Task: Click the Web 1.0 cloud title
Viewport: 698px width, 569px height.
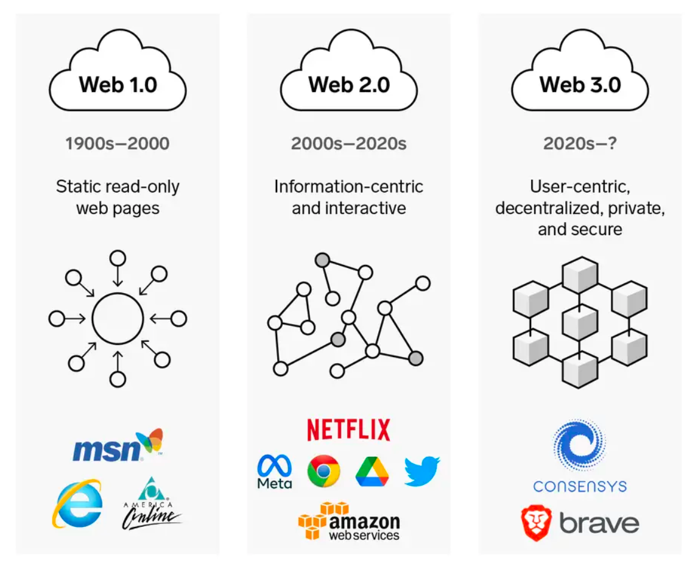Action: pos(118,84)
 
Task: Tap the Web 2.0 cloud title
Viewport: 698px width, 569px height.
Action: pos(349,84)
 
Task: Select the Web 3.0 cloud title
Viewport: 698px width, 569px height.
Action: pos(580,84)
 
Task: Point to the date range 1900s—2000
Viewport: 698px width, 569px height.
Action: pos(118,144)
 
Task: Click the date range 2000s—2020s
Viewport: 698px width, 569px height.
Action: pos(348,144)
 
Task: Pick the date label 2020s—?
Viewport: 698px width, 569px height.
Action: pos(580,144)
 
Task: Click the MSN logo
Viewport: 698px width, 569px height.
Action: pos(118,447)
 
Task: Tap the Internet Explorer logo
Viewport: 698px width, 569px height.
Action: pos(77,503)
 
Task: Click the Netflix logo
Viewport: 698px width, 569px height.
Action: pos(348,429)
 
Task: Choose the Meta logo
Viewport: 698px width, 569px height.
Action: pos(275,472)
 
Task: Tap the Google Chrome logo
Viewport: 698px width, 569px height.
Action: pos(323,471)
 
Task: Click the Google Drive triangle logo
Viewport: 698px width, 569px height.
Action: pos(372,472)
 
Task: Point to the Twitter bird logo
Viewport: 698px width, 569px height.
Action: pos(421,472)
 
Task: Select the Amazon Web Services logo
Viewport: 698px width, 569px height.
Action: pos(349,521)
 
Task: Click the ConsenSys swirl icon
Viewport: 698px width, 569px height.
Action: pos(579,447)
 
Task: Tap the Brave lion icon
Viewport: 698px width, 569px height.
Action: pos(536,523)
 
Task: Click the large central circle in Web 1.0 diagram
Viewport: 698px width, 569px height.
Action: pos(118,318)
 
